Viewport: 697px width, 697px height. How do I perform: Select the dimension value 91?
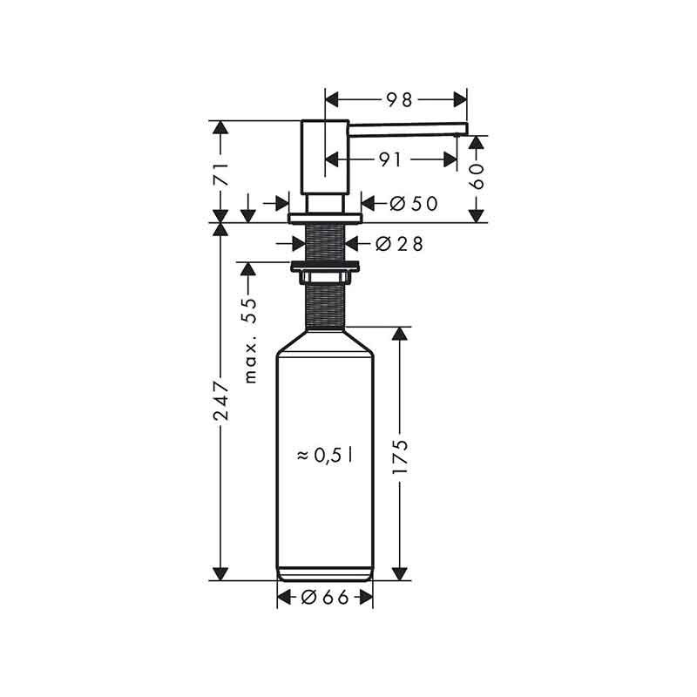point(391,159)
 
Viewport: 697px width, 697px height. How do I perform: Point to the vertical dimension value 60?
point(476,177)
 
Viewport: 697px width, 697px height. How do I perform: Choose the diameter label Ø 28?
point(399,244)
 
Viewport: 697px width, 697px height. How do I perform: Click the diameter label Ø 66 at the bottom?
point(325,597)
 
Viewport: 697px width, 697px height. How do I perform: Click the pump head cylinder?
point(325,157)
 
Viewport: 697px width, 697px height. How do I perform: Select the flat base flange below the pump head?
point(325,215)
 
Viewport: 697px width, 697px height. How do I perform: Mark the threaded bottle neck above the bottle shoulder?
point(325,305)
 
